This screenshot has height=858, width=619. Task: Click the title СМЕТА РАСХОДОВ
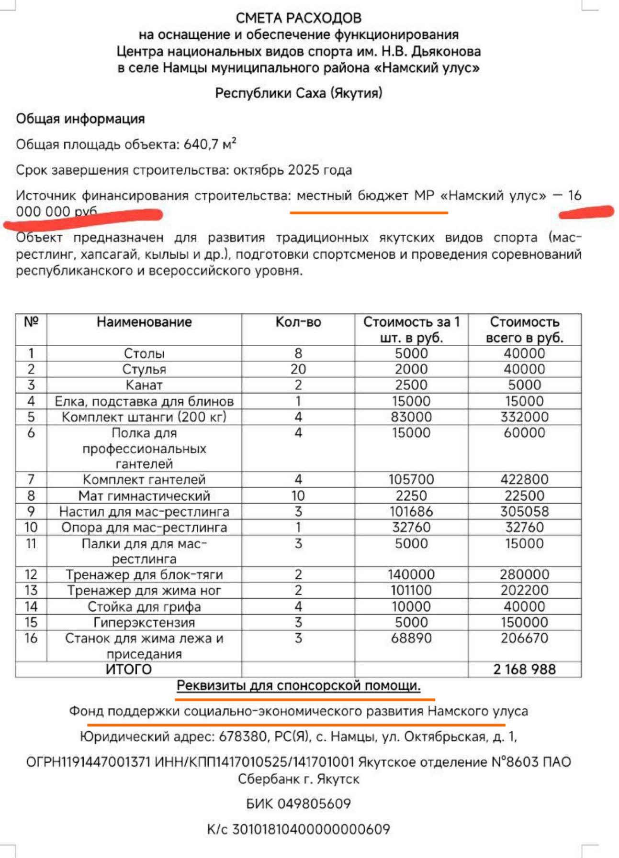click(x=298, y=18)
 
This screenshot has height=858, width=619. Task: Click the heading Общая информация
click(x=80, y=119)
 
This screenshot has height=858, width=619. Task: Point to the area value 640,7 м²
click(x=210, y=144)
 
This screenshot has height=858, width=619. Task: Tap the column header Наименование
click(x=144, y=322)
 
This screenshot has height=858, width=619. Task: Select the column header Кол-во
click(x=298, y=322)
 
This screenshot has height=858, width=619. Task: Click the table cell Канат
click(x=144, y=385)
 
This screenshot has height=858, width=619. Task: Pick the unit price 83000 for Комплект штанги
click(x=411, y=417)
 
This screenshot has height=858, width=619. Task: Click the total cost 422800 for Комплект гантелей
click(x=524, y=479)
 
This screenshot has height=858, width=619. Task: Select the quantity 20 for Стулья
click(x=298, y=369)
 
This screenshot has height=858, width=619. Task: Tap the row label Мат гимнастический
click(x=144, y=495)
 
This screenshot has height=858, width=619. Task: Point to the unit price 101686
click(x=411, y=511)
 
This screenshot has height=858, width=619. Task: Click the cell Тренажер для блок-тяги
click(x=144, y=574)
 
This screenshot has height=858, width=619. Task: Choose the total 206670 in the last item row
click(x=524, y=638)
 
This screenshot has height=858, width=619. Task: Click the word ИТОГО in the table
click(x=128, y=669)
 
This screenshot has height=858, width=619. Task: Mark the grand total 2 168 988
click(x=524, y=669)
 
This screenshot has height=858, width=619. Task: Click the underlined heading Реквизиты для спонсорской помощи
click(x=298, y=686)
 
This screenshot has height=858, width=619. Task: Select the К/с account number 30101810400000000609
click(x=311, y=829)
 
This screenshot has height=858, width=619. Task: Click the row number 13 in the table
click(x=31, y=590)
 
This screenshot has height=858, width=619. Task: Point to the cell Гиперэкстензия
click(x=144, y=622)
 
